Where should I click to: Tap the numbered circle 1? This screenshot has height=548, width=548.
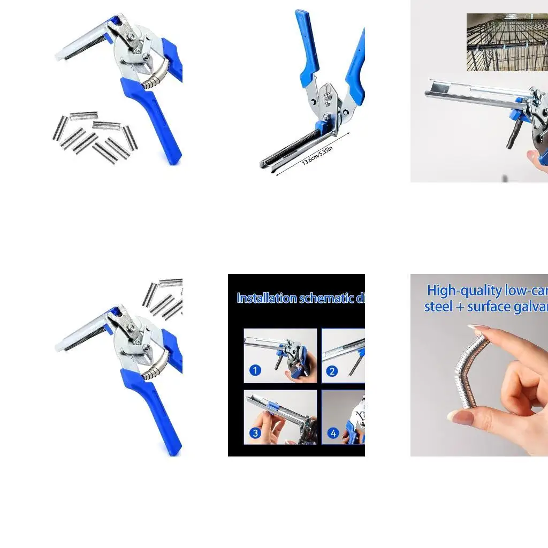tap(255, 370)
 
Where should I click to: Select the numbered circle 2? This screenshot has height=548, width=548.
tap(332, 371)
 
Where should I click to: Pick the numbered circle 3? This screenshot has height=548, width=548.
tap(255, 432)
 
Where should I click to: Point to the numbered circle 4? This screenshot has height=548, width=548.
tap(333, 433)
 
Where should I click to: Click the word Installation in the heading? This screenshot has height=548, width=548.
tap(267, 298)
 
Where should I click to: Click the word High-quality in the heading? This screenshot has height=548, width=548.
tap(465, 291)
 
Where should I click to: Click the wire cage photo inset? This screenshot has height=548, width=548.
tap(507, 42)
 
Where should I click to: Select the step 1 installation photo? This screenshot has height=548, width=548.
tap(280, 355)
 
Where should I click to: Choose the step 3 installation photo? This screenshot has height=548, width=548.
tap(280, 417)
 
